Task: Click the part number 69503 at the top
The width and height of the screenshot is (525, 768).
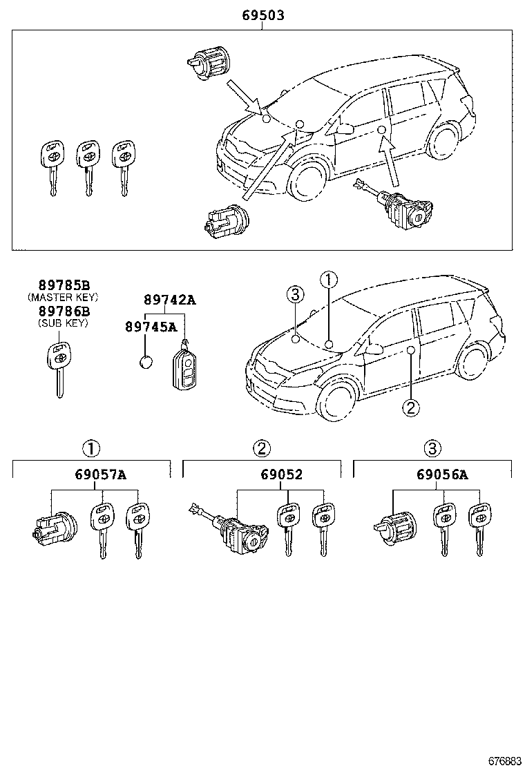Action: (x=262, y=15)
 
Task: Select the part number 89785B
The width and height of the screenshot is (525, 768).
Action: (x=63, y=285)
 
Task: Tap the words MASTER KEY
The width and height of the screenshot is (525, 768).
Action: (x=63, y=298)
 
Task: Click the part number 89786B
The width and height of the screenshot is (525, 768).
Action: (x=63, y=311)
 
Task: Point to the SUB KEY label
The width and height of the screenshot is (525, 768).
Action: (x=63, y=323)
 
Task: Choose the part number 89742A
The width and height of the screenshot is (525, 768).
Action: (x=169, y=300)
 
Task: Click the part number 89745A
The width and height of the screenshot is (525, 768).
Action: (x=151, y=327)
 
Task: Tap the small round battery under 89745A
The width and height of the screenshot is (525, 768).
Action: (x=146, y=363)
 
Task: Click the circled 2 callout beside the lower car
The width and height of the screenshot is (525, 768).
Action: (x=410, y=407)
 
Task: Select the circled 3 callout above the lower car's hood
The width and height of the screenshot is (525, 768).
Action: (x=295, y=296)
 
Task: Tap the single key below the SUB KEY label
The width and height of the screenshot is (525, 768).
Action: (x=58, y=366)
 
